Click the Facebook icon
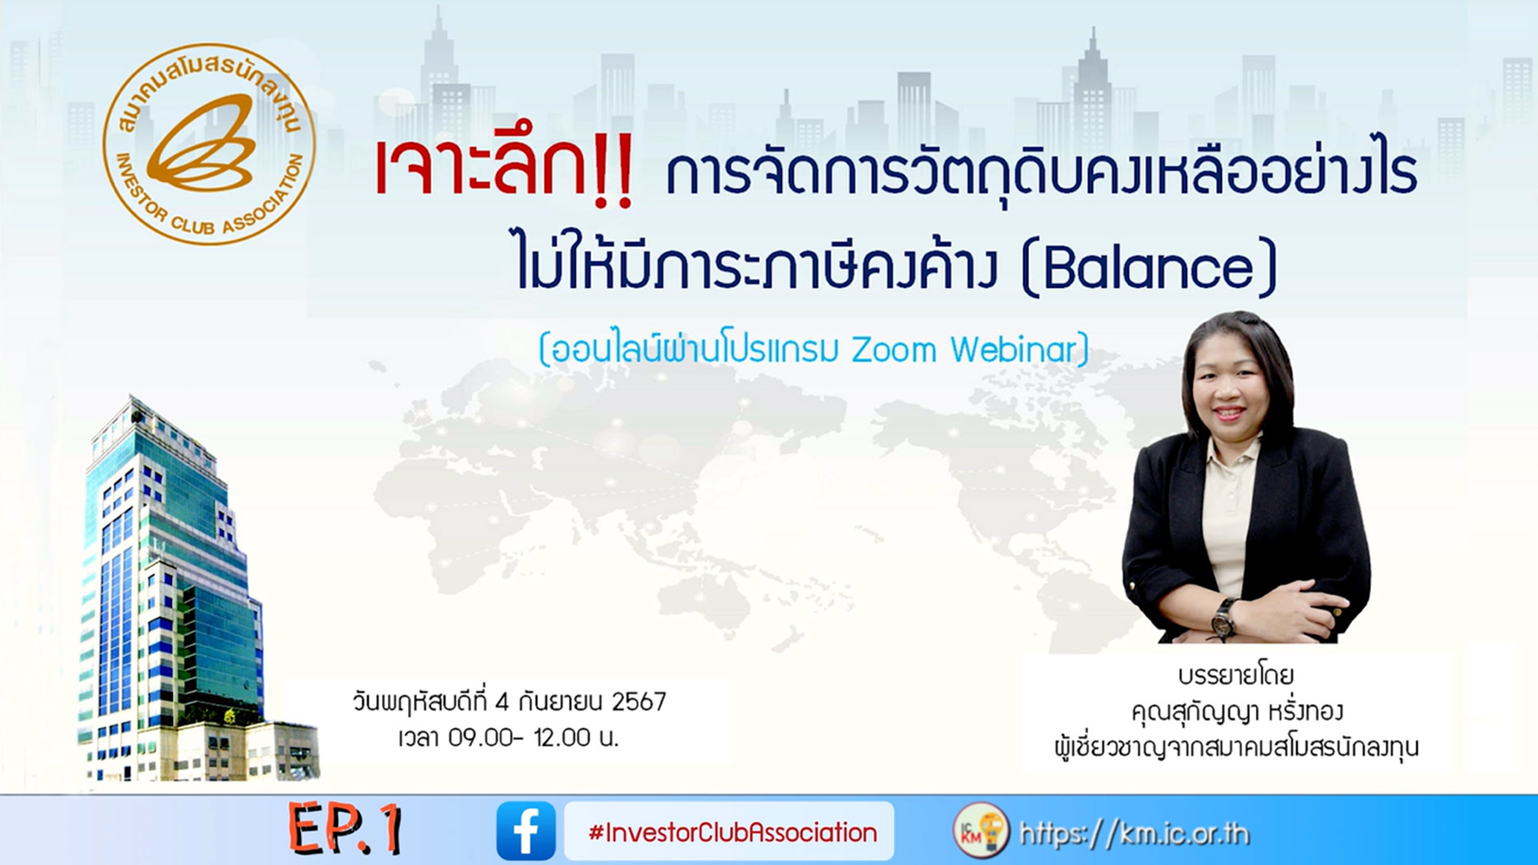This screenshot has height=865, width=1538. (526, 830)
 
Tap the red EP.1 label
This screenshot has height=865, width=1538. (345, 829)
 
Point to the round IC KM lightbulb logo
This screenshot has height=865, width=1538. (981, 830)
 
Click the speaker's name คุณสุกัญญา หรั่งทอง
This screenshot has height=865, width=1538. (1236, 712)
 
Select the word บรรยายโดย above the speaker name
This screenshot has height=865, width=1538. (1236, 676)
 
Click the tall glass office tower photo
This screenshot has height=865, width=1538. (173, 591)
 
